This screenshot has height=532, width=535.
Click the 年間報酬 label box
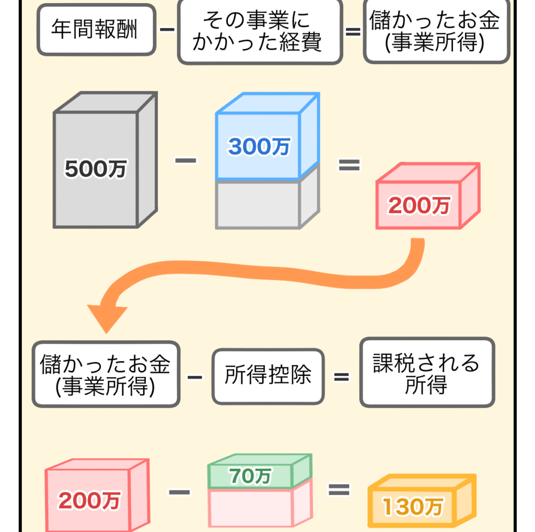[x=96, y=30]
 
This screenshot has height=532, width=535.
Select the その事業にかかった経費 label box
[x=259, y=32]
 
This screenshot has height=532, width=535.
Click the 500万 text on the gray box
[x=96, y=169]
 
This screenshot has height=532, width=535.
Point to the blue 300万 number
[x=259, y=147]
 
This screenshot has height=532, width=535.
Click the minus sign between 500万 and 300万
[x=185, y=160]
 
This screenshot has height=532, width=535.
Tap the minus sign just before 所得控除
[x=194, y=376]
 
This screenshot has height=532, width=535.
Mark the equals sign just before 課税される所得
[x=341, y=376]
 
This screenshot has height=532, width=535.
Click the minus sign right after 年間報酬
[x=167, y=30]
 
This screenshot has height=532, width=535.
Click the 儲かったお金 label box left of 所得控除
[x=106, y=374]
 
